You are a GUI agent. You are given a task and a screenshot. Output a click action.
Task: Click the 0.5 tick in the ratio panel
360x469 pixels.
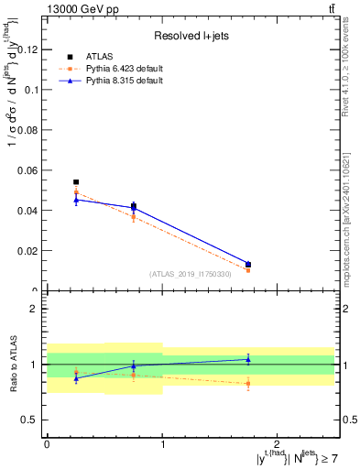click(x=33, y=420)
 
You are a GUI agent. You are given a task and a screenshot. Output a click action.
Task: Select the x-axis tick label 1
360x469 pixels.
click(x=162, y=443)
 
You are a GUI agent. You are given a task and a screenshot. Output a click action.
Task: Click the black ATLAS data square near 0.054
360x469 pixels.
click(x=76, y=182)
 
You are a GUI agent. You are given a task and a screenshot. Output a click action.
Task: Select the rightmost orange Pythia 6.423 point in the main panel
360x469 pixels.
click(x=248, y=270)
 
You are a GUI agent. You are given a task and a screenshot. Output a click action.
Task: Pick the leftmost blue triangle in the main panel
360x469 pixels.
click(x=76, y=199)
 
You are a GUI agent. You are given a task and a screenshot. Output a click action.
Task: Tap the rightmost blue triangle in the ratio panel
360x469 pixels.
click(x=248, y=359)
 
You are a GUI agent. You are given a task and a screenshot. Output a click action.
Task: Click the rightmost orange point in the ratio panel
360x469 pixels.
click(x=248, y=383)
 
